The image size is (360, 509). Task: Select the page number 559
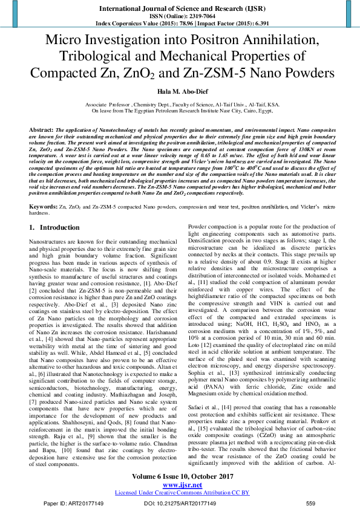pyautogui.click(x=311, y=503)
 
